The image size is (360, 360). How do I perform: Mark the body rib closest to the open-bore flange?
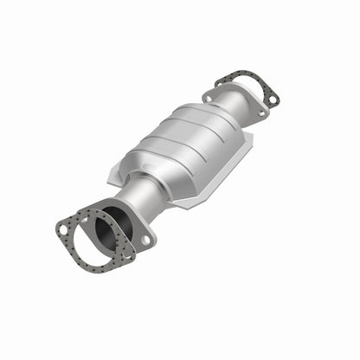click(x=161, y=152)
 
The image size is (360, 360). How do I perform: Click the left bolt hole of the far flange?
click(x=207, y=98)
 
